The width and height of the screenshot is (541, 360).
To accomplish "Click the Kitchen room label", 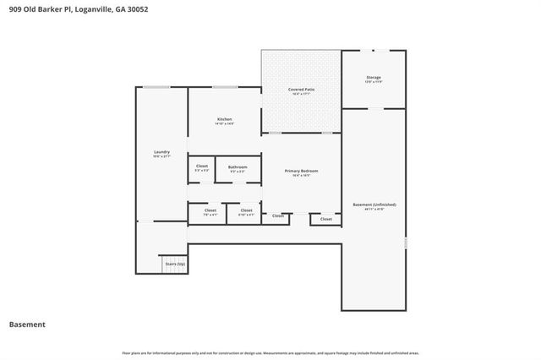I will tap(224, 119).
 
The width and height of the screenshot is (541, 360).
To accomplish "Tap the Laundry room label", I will tap(161, 152).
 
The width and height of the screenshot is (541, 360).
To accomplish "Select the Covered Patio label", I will tap(301, 89).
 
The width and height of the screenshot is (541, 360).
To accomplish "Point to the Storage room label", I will tap(374, 77).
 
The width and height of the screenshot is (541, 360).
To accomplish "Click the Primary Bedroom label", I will tap(301, 171).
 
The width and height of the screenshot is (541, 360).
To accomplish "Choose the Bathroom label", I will tap(238, 166).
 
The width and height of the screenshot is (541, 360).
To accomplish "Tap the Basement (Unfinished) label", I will tap(374, 205).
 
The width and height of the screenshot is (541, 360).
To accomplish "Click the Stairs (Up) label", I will tap(174, 265).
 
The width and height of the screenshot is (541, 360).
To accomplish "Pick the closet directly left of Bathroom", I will tap(202, 166).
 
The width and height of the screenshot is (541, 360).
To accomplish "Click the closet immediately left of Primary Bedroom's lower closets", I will tap(246, 211).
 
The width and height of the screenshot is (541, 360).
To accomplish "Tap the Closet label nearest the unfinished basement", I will tap(325, 220).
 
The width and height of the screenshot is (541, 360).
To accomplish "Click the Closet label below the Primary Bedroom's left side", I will tap(278, 216).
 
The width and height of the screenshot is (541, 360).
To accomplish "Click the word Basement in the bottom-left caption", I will tap(27, 325).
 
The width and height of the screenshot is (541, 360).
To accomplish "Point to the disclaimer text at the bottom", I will tap(270, 352).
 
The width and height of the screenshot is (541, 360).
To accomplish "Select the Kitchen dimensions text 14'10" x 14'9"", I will tap(224, 124).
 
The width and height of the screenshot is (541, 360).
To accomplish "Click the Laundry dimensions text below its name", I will tap(161, 157).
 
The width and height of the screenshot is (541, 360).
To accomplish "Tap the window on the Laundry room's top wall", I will tap(155, 87).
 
